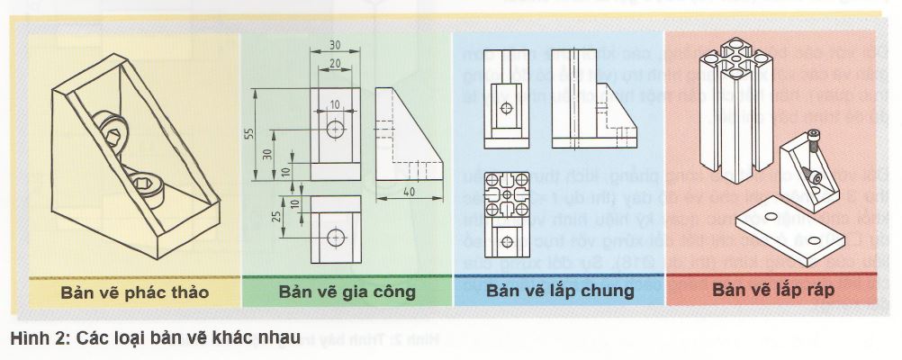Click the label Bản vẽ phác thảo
(x=135, y=293)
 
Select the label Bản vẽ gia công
(x=347, y=292)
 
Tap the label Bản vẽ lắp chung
(x=560, y=291)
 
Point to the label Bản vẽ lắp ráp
(x=773, y=291)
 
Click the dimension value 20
(x=334, y=63)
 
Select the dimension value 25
(x=275, y=217)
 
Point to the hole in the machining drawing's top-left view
(x=336, y=128)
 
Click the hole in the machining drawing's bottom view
(x=336, y=238)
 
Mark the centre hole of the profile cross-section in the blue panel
(x=509, y=194)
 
